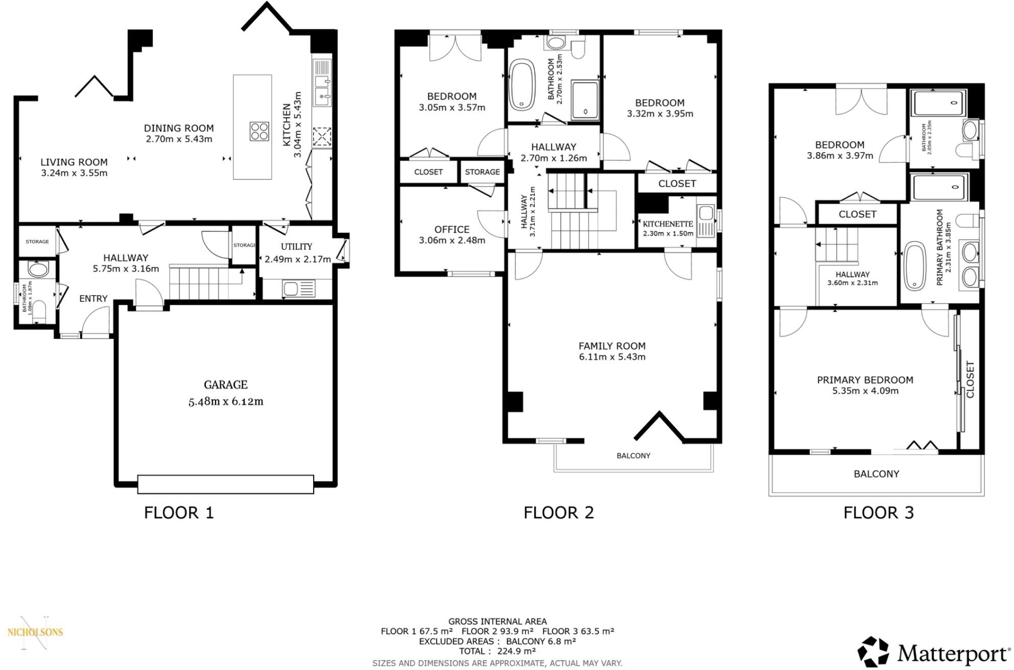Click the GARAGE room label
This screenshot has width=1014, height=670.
225,385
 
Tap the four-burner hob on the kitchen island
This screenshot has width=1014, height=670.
260,131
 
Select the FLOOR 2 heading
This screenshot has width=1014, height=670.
558,512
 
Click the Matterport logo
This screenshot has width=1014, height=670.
934,652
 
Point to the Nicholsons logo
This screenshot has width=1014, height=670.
35,632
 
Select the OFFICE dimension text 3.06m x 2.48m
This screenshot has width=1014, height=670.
452,240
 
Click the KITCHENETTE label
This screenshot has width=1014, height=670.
668,224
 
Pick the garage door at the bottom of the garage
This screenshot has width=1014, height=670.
225,484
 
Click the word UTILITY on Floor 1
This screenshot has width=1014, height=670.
296,247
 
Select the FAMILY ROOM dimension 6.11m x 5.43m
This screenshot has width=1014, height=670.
612,357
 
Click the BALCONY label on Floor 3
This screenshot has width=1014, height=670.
876,474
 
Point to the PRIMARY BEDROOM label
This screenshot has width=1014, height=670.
865,380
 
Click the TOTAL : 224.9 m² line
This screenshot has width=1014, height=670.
497,651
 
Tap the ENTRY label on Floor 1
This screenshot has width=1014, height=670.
93,299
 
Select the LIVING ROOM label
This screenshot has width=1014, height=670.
74,162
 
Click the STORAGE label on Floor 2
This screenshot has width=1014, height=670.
482,172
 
